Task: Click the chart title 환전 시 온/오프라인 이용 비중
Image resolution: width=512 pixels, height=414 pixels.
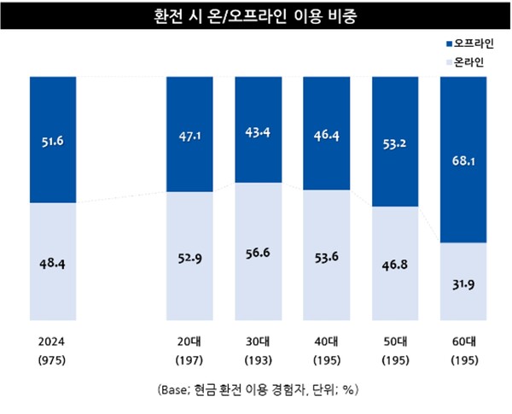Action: [256, 17]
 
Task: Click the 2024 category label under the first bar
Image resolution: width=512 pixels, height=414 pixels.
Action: [53, 340]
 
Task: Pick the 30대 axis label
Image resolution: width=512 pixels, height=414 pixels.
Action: [259, 340]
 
